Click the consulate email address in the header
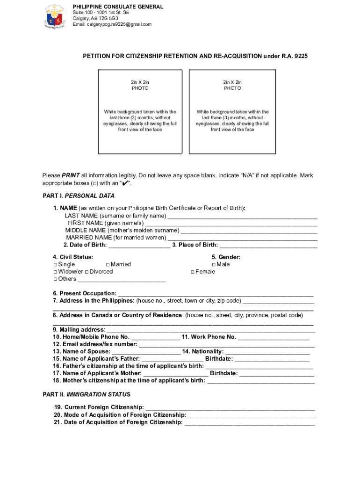click(x=112, y=24)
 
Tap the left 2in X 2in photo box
click(x=140, y=111)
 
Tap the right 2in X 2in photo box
click(x=232, y=111)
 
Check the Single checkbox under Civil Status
click(x=55, y=265)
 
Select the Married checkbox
click(x=108, y=265)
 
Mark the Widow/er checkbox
click(x=55, y=272)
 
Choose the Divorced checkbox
click(x=87, y=272)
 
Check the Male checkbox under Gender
click(x=213, y=265)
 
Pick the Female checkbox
click(x=192, y=272)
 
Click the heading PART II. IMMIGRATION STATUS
click(x=86, y=394)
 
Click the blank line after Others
click(x=121, y=280)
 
